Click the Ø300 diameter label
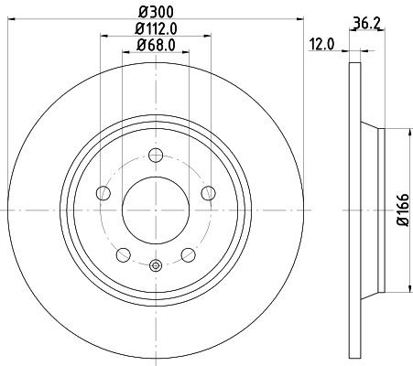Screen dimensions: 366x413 (155, 12)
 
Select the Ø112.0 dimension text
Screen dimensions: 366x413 (155, 28)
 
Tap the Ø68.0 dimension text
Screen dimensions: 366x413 (155, 45)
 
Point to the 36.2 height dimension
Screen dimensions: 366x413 (365, 24)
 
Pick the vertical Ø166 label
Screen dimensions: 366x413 (401, 210)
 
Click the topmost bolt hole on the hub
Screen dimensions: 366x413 (155, 155)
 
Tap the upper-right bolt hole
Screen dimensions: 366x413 (208, 192)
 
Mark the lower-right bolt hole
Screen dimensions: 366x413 (188, 254)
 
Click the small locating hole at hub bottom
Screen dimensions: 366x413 (155, 266)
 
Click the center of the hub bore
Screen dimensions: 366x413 (155, 210)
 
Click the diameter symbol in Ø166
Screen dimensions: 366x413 (401, 227)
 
